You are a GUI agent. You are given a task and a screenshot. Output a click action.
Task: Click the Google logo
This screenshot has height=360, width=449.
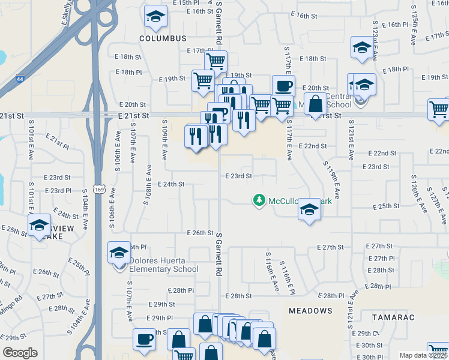(20, 353)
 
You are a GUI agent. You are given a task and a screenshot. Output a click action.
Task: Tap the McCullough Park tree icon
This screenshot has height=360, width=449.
(259, 200)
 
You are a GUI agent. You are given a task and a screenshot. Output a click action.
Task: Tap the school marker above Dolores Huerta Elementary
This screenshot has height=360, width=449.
(119, 252)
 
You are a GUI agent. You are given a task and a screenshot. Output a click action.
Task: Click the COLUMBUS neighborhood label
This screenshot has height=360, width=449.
(163, 38)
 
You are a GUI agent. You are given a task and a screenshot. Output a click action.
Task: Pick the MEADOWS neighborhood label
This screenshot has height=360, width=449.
(310, 311)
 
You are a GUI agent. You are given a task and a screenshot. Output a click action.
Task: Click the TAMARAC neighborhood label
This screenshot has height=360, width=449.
(393, 316)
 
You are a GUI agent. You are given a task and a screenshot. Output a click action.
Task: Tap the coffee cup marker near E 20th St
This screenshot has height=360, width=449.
(283, 85)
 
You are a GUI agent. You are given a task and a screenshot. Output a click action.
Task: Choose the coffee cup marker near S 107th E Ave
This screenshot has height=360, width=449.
(144, 339)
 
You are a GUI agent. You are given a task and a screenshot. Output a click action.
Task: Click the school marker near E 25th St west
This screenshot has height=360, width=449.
(39, 226)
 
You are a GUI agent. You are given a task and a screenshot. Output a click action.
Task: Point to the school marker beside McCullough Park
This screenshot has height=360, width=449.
(309, 209)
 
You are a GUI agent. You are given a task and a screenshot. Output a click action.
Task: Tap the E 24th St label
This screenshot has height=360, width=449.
(170, 184)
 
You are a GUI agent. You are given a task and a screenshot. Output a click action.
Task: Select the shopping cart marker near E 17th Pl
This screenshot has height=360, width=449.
(215, 61)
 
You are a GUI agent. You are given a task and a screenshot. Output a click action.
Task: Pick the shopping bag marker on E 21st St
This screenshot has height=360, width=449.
(315, 104)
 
